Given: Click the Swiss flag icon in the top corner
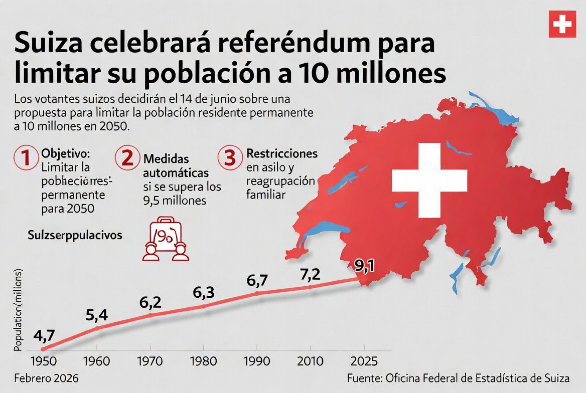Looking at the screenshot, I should click(x=562, y=24).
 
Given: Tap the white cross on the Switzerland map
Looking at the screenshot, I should click(x=429, y=180).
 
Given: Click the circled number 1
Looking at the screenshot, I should click(x=26, y=157).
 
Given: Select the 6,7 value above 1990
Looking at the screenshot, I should click(x=258, y=281).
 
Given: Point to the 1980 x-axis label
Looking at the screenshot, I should click(x=203, y=361).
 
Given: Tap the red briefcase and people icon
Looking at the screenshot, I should click(x=166, y=238).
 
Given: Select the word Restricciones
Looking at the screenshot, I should click(x=281, y=153).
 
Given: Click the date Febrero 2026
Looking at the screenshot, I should click(x=47, y=377).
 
